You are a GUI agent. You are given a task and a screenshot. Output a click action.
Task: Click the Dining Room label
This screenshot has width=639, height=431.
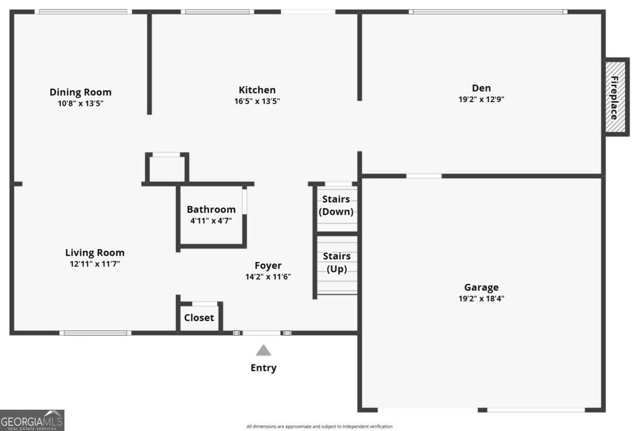[x=80, y=92]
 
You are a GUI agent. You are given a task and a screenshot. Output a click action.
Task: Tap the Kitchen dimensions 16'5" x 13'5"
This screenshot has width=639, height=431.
[x=257, y=101]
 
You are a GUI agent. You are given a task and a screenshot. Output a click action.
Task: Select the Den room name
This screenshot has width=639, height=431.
[x=481, y=88]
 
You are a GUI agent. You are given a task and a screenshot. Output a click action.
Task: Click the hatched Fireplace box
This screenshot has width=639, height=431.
[x=616, y=97]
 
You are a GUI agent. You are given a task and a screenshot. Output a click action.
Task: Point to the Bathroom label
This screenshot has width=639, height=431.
[x=211, y=209]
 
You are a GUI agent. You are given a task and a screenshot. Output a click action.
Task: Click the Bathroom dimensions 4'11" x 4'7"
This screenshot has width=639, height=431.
[x=211, y=221]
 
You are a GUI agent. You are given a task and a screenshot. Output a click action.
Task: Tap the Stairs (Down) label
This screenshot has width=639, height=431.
[x=336, y=205]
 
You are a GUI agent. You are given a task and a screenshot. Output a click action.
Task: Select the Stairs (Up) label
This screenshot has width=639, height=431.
[x=337, y=262]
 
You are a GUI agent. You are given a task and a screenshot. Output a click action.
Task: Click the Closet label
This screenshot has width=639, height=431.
[x=199, y=318]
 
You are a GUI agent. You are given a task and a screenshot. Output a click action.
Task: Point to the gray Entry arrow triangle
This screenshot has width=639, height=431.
[x=263, y=351]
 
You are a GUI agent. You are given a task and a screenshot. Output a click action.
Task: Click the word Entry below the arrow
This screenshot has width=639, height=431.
[x=263, y=368]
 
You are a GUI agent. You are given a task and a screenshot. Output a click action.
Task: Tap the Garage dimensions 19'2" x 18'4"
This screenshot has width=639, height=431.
[x=481, y=298]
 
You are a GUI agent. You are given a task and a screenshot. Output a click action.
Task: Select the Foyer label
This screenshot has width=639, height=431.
[x=268, y=265]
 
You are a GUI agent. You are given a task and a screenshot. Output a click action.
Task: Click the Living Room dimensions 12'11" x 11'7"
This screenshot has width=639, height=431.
[x=95, y=264]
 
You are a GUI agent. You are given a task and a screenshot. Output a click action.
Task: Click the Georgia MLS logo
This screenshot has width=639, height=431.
[x=32, y=420]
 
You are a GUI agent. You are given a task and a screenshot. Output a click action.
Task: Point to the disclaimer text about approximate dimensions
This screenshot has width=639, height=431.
[x=319, y=426]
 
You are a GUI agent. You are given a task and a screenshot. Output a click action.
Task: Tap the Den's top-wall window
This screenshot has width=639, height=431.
[x=488, y=12]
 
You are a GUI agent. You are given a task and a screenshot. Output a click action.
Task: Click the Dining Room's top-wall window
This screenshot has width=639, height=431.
[x=83, y=12]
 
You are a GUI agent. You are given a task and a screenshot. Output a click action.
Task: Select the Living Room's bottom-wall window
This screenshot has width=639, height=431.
[x=95, y=333]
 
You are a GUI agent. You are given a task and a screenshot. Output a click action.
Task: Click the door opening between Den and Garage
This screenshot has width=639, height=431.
[x=424, y=176]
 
